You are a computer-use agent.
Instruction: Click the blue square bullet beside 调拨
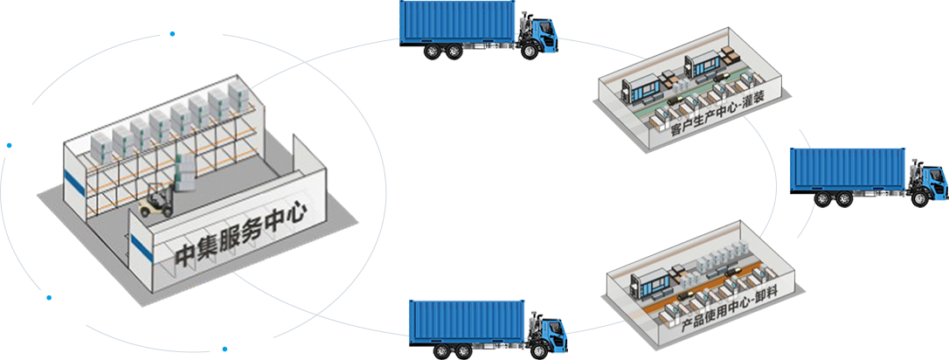pos(172,34)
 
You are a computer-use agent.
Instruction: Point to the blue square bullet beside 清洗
pos(50,298)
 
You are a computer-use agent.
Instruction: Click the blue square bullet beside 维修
pos(9,145)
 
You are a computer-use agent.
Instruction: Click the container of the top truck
pos(458,29)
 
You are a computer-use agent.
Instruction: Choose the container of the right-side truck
pos(849,172)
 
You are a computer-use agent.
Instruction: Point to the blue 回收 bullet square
pos(225,348)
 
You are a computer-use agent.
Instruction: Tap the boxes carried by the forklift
pos(185,175)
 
